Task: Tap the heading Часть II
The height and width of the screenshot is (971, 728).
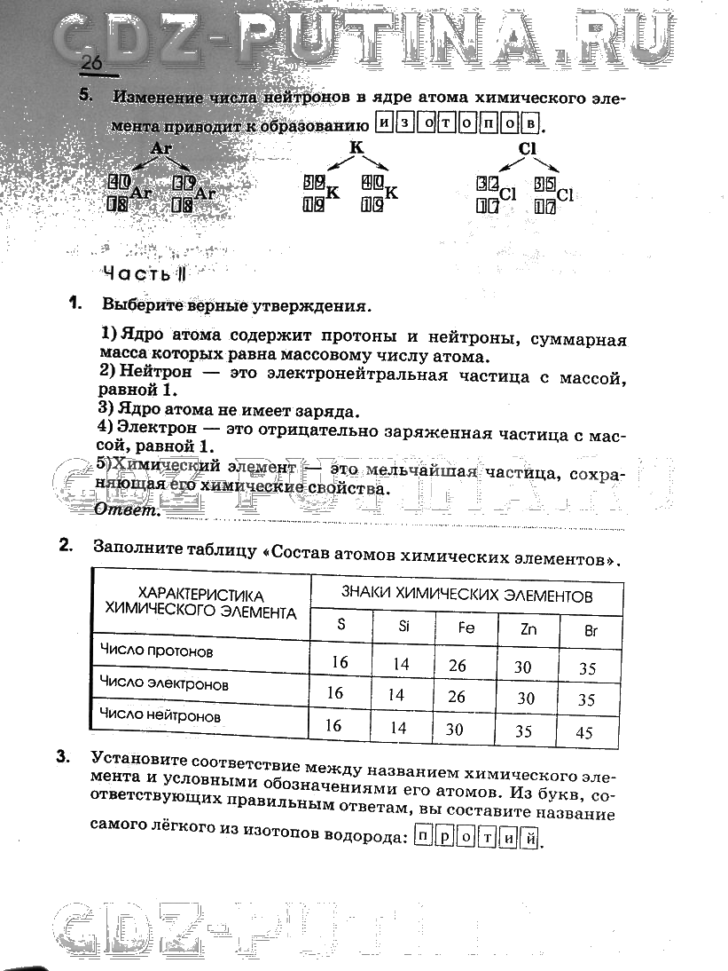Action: [x=145, y=272]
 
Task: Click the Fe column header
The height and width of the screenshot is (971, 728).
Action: [x=466, y=628]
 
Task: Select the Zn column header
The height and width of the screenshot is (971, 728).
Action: [x=528, y=629]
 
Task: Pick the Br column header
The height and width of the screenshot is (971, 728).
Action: [x=591, y=632]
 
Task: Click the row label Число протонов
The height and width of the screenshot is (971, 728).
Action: [x=156, y=651]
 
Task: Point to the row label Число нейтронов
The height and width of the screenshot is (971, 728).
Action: [x=160, y=714]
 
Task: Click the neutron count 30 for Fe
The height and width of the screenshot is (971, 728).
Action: [x=455, y=730]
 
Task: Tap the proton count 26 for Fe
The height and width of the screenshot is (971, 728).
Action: [x=457, y=665]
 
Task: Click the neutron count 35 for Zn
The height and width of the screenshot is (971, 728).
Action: [x=523, y=732]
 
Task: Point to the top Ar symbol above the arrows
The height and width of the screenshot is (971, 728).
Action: [x=161, y=149]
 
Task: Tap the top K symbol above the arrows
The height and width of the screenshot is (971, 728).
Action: [x=356, y=147]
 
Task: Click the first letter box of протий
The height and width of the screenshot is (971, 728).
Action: [x=425, y=837]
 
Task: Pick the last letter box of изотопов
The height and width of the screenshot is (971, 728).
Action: [x=530, y=122]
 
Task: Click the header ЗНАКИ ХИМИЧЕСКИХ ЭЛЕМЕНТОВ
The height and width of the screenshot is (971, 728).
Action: [x=466, y=595]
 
